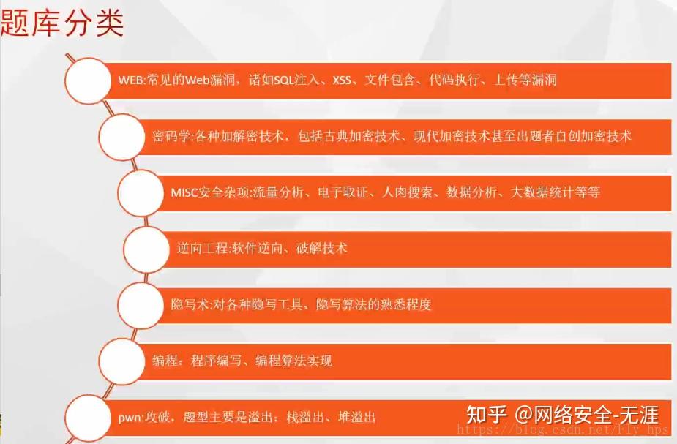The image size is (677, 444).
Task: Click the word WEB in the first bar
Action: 131,80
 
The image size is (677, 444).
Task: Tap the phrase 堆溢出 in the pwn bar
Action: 356,417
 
